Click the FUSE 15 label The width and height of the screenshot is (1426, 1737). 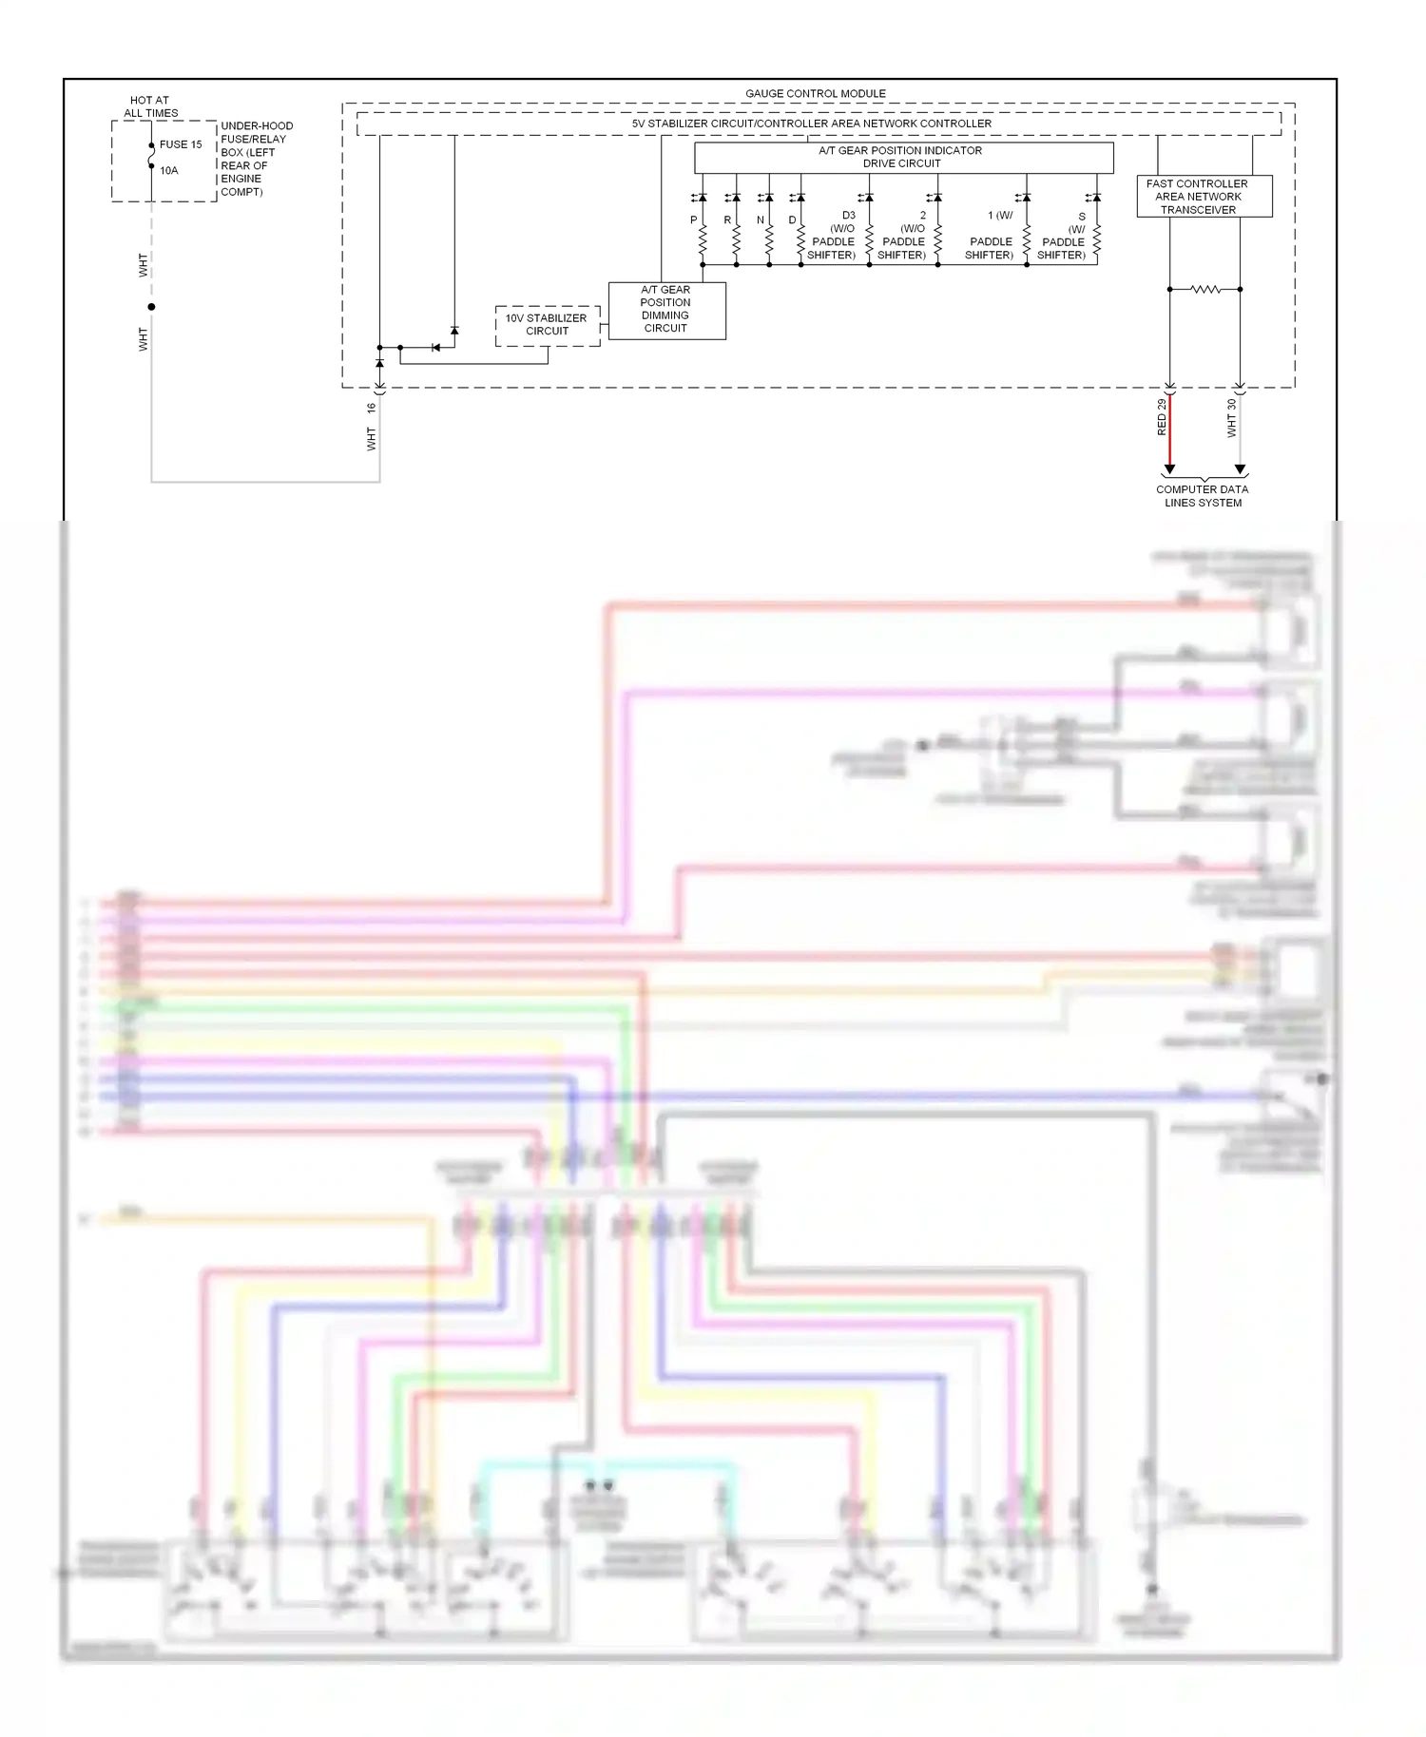[181, 144]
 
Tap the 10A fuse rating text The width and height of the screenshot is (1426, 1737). [169, 170]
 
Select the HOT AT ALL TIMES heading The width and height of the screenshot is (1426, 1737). [150, 106]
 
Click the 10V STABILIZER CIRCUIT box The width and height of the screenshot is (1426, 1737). [547, 325]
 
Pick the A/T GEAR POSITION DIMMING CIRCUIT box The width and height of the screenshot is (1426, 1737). [665, 310]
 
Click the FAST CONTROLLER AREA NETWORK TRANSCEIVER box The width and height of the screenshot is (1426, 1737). [1203, 197]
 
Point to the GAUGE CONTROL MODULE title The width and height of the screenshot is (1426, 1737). [815, 93]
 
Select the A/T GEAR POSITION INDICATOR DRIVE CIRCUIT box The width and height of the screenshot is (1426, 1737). [902, 157]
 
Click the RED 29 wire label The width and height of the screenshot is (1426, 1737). [1161, 417]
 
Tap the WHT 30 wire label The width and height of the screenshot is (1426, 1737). [1231, 417]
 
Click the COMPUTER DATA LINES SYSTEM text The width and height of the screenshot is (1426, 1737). [1202, 496]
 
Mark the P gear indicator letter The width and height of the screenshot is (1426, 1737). [693, 220]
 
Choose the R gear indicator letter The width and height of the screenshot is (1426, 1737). [727, 220]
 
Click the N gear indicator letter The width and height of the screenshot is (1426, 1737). [761, 220]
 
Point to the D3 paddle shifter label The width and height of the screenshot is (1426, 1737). [833, 236]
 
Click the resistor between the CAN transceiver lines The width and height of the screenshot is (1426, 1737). [1204, 289]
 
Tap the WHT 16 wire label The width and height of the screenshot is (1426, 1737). [371, 427]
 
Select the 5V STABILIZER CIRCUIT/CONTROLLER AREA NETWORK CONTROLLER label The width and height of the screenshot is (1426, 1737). [811, 124]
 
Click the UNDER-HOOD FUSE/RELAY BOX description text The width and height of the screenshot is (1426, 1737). [256, 159]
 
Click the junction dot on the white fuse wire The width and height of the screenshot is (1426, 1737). [151, 307]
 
